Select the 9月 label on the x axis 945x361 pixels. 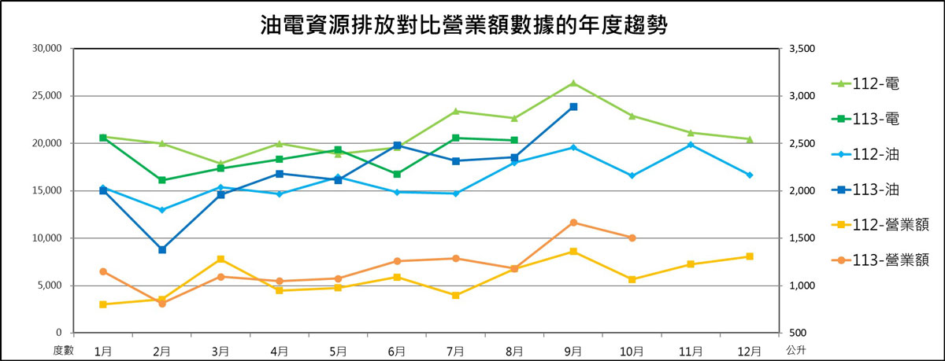573,348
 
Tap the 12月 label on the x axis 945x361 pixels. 750,348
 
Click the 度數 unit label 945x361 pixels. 62,348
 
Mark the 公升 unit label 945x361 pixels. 795,348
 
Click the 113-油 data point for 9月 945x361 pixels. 573,106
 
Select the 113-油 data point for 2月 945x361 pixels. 162,249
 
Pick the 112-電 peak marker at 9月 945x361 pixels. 573,83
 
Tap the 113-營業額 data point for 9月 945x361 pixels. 573,223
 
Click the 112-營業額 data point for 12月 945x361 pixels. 750,256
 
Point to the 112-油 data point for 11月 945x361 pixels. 691,145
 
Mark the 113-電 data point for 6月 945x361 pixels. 397,174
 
